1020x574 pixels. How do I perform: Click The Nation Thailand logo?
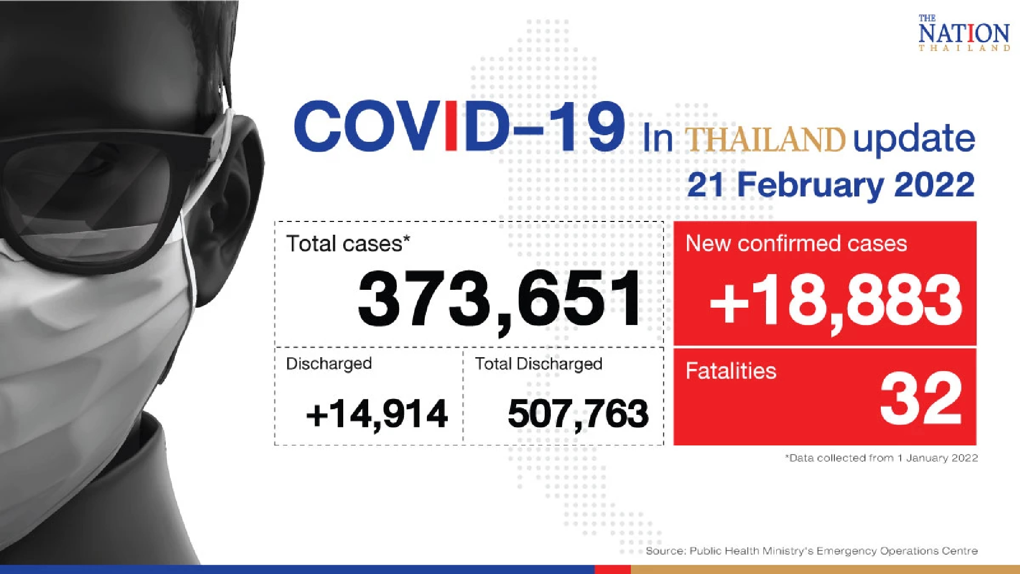(963, 34)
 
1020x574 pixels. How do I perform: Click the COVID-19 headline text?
(459, 127)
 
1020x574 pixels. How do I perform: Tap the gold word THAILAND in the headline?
(764, 139)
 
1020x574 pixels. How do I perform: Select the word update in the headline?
(913, 139)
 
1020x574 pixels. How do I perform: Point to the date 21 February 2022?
(830, 185)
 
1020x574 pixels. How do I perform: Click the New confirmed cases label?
(796, 243)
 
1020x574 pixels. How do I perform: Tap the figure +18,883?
(835, 301)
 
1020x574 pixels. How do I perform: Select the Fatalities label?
(730, 371)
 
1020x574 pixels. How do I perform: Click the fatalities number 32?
(921, 399)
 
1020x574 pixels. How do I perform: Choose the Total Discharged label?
(539, 364)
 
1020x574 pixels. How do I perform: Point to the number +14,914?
(377, 414)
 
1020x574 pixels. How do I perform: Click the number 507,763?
(578, 414)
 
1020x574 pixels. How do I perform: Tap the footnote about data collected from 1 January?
(881, 458)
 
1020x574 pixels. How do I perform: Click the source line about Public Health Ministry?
(811, 551)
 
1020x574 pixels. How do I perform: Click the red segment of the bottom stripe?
(613, 569)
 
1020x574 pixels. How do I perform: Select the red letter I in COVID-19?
(451, 127)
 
